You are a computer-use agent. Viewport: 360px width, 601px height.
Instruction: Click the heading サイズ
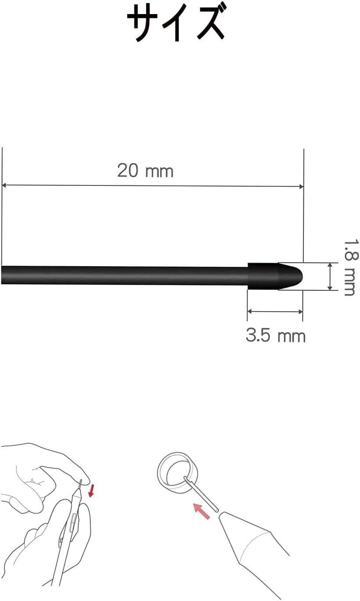tap(176, 24)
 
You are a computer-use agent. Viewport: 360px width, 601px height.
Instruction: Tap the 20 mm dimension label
tap(145, 170)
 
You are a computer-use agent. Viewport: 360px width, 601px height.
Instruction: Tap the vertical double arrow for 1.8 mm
tap(330, 276)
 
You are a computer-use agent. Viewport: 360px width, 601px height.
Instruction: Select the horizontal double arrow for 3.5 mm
tap(275, 311)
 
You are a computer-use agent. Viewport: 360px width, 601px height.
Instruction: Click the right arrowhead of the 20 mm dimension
tap(301, 187)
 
